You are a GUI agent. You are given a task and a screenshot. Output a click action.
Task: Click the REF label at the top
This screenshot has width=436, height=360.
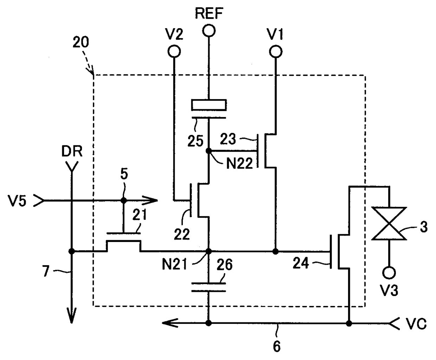209,13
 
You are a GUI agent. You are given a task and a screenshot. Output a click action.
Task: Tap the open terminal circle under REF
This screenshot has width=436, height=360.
209,31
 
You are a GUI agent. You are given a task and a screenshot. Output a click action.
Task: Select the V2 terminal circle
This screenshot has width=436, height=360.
174,51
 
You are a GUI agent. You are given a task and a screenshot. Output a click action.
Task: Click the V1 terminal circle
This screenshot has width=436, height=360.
276,52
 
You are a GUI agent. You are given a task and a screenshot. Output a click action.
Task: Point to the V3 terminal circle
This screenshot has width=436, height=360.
389,273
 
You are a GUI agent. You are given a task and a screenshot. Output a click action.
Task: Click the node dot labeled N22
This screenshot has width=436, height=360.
209,151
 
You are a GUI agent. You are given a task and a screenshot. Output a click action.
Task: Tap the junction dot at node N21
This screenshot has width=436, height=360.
209,251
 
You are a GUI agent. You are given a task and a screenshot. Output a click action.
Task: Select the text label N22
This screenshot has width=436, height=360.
239,163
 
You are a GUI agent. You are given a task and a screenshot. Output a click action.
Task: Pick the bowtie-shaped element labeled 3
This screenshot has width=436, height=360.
389,224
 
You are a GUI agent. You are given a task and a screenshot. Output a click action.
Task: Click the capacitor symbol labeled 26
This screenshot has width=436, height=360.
209,287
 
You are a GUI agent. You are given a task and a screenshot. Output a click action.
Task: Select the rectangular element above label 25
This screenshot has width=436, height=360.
209,105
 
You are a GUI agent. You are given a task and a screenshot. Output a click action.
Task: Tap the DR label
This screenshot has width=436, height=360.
72,151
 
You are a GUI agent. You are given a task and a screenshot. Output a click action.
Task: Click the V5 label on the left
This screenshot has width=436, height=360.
17,201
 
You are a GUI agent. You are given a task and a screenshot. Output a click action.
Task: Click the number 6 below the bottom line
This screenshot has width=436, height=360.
277,346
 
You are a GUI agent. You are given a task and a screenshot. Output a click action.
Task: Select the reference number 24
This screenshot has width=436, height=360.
301,263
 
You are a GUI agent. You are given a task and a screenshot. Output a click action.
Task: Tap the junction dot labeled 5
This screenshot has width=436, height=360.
124,201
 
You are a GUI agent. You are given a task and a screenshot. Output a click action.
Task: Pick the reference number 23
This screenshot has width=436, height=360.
228,139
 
